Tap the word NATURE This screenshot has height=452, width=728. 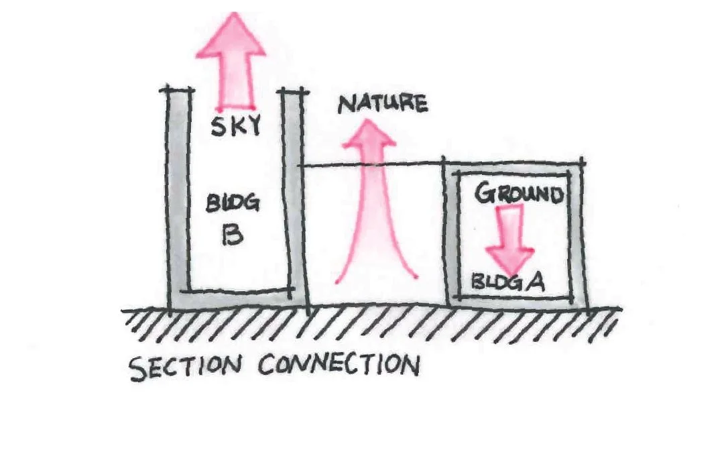383,104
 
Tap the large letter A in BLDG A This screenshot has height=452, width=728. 534,281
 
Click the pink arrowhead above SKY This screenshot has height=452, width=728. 230,40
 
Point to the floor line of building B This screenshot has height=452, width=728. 238,291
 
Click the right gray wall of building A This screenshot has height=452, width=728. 577,235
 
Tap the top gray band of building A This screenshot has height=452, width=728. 513,167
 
